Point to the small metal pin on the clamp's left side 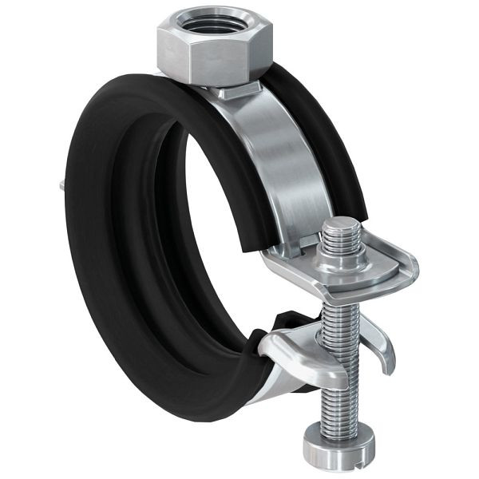tap(61, 187)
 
